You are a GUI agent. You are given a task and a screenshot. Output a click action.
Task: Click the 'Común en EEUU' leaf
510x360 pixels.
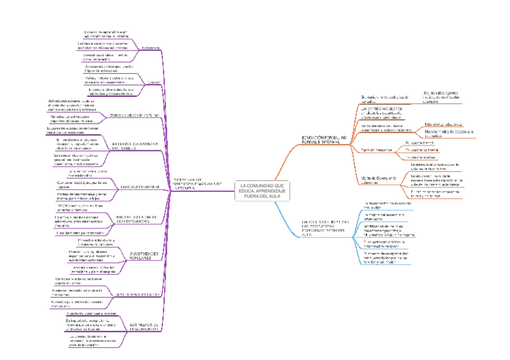coord(81,183)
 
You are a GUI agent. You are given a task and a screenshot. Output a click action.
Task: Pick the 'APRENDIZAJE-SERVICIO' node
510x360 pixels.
coord(138,294)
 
